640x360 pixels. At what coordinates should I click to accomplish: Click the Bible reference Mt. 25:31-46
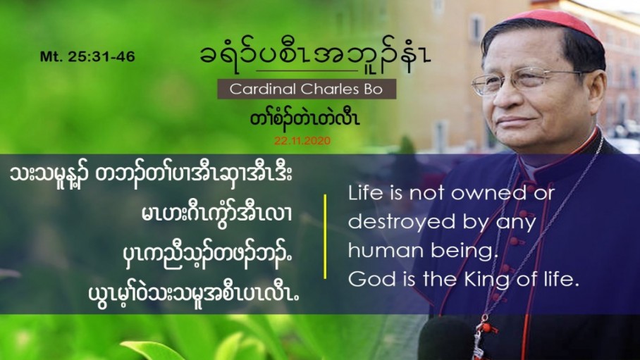pyautogui.click(x=87, y=57)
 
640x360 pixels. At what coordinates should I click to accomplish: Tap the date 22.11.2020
pyautogui.click(x=302, y=141)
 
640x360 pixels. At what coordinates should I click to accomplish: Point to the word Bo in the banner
pyautogui.click(x=373, y=89)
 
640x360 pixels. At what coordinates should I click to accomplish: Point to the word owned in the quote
pyautogui.click(x=488, y=192)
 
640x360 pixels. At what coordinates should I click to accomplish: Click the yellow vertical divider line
pyautogui.click(x=325, y=237)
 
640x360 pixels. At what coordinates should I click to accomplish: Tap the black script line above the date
pyautogui.click(x=304, y=119)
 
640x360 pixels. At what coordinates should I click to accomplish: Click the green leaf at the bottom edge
pyautogui.click(x=152, y=350)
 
